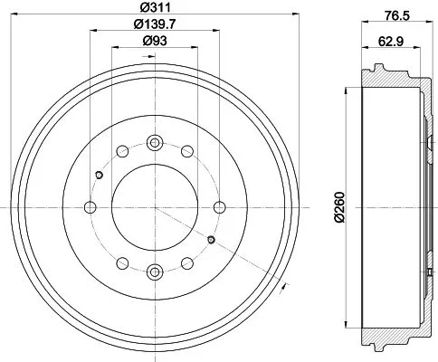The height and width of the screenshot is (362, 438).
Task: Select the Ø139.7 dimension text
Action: (156, 24)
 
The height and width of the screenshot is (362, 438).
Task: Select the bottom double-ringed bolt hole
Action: (154, 270)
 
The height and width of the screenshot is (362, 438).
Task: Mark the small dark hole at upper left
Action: (100, 175)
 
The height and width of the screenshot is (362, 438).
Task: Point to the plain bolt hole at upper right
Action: (186, 150)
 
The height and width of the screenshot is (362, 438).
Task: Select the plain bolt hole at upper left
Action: (122, 150)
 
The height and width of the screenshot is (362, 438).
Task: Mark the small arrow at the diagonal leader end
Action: (284, 288)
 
